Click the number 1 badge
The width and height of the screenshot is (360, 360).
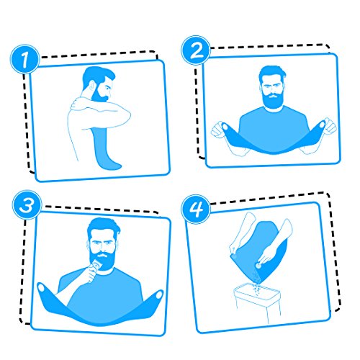coord(24,59)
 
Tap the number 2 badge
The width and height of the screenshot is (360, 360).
coord(196,50)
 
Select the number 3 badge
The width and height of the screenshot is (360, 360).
coord(27,205)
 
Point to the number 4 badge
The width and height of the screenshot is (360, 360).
coord(196,209)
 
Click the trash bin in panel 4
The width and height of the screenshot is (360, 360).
coord(257,303)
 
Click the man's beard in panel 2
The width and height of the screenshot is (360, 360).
coord(272,100)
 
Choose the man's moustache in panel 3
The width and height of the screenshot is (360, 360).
coord(103,255)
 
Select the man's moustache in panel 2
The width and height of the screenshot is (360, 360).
coord(272,96)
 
